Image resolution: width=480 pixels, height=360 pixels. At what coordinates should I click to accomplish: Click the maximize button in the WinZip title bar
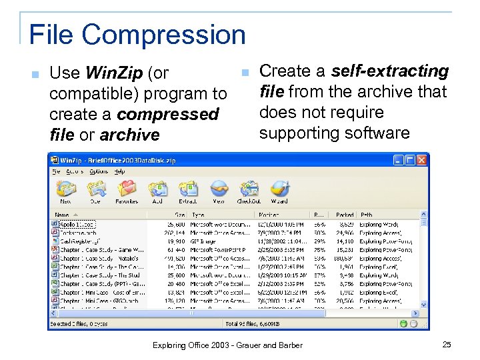(410, 160)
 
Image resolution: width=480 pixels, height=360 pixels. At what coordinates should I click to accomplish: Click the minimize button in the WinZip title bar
(398, 160)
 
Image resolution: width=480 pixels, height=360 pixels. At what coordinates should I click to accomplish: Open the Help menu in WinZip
(119, 172)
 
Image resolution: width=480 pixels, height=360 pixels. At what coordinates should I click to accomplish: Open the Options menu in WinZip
(99, 172)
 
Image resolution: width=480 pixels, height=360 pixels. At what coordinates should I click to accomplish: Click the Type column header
(198, 215)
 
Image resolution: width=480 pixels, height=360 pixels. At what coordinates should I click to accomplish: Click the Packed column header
(345, 215)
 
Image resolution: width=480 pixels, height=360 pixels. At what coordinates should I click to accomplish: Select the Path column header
(366, 215)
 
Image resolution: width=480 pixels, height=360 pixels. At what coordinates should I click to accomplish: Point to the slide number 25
(446, 344)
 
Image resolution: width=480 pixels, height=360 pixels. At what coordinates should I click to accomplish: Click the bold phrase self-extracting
(390, 71)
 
